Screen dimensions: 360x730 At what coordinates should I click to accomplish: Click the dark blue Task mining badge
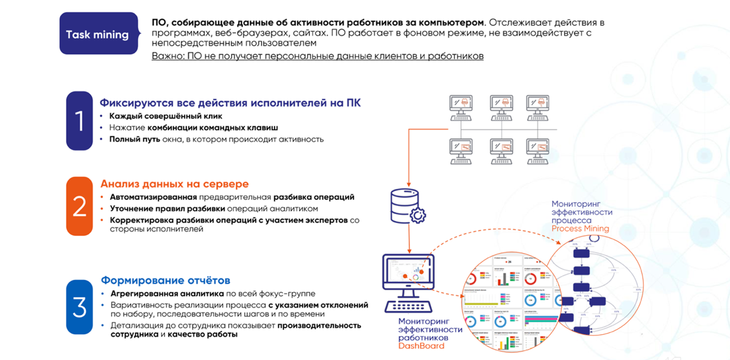(98, 34)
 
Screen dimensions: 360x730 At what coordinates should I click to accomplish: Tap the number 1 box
(79, 121)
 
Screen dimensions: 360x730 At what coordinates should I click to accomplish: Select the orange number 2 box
(79, 206)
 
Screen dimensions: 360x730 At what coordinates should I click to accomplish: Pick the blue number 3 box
(79, 307)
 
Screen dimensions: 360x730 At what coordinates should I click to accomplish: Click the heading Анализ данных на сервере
(175, 184)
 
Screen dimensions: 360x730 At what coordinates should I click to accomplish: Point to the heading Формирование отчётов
(166, 280)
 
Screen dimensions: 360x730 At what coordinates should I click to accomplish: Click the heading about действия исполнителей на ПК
(230, 102)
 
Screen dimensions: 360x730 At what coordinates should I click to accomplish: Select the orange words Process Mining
(580, 229)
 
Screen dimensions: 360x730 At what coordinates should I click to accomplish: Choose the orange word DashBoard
(422, 345)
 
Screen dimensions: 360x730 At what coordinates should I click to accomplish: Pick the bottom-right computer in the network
(538, 151)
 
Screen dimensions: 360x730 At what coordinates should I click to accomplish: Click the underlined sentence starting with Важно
(318, 56)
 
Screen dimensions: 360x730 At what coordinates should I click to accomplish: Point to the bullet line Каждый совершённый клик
(166, 116)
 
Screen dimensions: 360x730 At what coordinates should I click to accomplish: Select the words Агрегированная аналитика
(167, 294)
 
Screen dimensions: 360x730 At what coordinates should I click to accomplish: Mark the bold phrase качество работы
(202, 334)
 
